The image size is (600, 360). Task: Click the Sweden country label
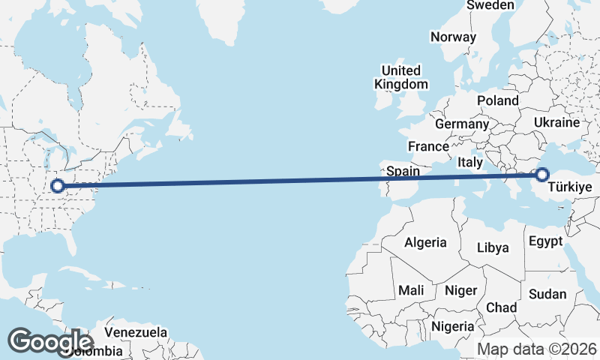(x=490, y=5)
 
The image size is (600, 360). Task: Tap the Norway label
(x=453, y=37)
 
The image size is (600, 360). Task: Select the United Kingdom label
(x=401, y=78)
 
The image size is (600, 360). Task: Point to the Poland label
(x=497, y=100)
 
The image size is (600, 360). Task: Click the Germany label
(x=461, y=124)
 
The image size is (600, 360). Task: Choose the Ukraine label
(x=556, y=122)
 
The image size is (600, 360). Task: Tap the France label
(x=428, y=146)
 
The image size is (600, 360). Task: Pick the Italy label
(x=469, y=162)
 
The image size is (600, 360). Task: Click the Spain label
(x=403, y=171)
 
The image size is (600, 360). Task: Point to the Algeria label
(x=425, y=243)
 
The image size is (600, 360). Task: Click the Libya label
(x=493, y=247)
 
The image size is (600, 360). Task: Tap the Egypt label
(x=545, y=242)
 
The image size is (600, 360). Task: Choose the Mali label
(x=411, y=290)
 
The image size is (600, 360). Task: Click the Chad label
(x=501, y=307)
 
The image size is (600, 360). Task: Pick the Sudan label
(x=547, y=294)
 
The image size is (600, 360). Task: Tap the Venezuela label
(x=136, y=331)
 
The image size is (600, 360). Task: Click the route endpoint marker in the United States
(x=57, y=184)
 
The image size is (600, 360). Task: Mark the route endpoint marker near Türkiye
(x=542, y=175)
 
